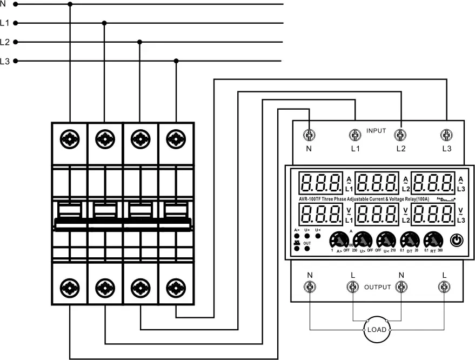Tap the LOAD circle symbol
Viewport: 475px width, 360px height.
(x=377, y=329)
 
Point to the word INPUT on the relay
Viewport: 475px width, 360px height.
(x=376, y=131)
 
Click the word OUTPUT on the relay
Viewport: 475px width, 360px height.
(x=377, y=287)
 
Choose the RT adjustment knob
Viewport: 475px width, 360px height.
(x=433, y=239)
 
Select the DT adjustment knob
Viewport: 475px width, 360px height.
(x=409, y=239)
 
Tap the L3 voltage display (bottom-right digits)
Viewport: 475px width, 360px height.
(x=433, y=215)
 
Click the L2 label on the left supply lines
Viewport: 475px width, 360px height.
(x=5, y=42)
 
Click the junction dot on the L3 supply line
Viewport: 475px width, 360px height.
(x=176, y=61)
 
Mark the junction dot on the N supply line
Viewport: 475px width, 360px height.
(x=70, y=4)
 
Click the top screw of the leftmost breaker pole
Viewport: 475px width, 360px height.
(x=70, y=139)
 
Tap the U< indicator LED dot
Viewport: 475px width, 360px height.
(x=318, y=237)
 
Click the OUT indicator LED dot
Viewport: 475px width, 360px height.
(x=307, y=249)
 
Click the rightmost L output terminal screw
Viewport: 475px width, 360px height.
(x=444, y=287)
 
